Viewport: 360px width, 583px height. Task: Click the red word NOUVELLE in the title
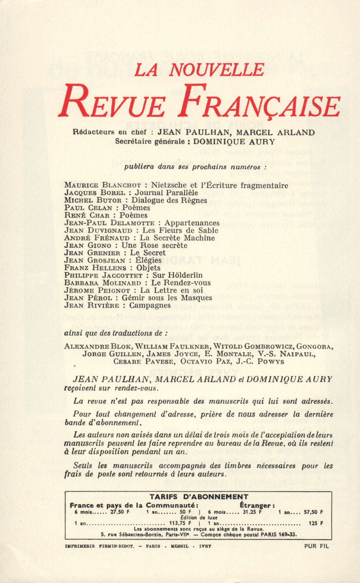click(216, 69)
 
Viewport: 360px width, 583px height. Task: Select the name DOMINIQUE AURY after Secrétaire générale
click(234, 142)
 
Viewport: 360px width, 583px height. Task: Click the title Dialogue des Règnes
click(169, 201)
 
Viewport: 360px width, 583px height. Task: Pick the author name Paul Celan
click(88, 208)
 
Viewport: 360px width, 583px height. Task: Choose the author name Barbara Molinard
click(103, 283)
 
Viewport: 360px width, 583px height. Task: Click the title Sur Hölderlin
click(178, 275)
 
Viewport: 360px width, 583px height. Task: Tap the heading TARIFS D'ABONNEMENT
click(199, 497)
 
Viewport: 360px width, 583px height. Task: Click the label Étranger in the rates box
click(257, 505)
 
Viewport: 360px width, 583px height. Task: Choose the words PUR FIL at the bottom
click(316, 546)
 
